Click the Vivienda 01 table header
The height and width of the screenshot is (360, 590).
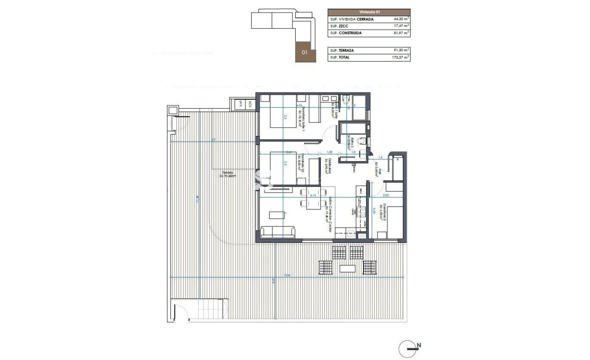(369, 12)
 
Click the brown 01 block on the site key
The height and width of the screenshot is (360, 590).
(305, 52)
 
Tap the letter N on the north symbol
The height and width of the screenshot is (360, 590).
(419, 345)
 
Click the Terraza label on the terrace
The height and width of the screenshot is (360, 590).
(227, 174)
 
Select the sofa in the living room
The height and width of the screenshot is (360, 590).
(278, 232)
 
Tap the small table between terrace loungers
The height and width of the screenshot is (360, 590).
(348, 269)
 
